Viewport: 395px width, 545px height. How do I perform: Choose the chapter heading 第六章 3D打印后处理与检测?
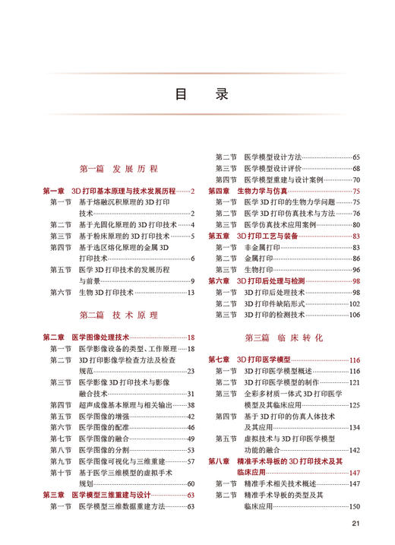click(276, 281)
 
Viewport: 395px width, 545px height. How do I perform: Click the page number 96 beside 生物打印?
click(355, 270)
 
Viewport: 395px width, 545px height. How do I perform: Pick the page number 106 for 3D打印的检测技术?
click(354, 315)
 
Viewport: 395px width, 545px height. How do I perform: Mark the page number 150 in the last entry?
click(354, 506)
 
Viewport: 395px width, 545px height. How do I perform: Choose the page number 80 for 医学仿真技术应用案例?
click(355, 225)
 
